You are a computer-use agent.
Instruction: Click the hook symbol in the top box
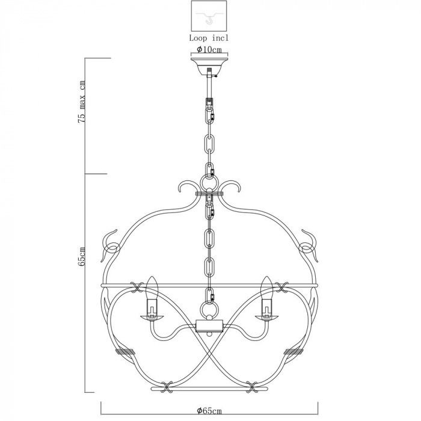(x=209, y=20)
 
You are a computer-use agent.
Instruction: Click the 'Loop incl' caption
(x=209, y=38)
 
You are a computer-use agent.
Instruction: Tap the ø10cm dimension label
(x=209, y=50)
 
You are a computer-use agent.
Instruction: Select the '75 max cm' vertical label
(x=82, y=102)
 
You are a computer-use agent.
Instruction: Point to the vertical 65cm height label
(x=82, y=256)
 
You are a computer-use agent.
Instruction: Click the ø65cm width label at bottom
(x=209, y=411)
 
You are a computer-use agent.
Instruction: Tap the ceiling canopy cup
(x=209, y=66)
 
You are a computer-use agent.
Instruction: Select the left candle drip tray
(x=152, y=318)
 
